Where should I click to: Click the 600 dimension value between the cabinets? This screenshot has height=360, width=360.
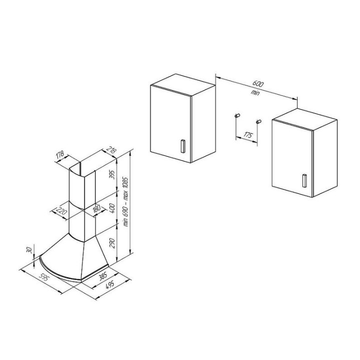click(258, 83)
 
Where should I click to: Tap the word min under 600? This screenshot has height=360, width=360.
click(255, 92)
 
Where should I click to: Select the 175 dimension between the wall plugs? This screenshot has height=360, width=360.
click(247, 135)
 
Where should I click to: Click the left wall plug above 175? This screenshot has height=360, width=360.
click(237, 115)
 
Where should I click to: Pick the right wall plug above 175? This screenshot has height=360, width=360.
click(258, 121)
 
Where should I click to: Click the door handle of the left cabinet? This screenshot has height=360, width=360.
click(183, 146)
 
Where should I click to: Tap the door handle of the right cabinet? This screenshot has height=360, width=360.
click(304, 180)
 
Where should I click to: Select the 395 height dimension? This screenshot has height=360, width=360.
click(112, 175)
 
